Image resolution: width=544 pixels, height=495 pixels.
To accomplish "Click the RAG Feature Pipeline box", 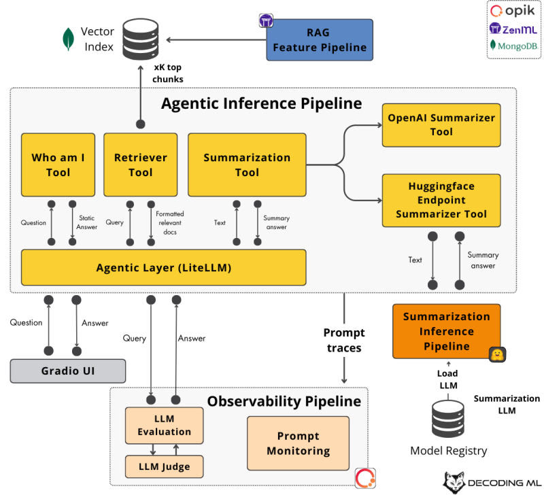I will (x=320, y=39).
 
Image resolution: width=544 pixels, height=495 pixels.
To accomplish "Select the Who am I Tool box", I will (x=58, y=165).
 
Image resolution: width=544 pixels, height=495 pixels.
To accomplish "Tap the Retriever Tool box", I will (x=140, y=165).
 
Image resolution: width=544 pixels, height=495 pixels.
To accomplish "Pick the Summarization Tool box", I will (x=247, y=165).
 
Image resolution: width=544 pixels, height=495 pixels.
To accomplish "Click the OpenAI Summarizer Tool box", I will (x=441, y=124).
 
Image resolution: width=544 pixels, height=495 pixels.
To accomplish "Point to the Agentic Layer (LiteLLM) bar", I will (x=163, y=267).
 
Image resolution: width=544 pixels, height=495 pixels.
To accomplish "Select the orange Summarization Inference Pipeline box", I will (x=446, y=331).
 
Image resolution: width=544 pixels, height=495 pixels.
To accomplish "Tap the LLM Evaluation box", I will (x=164, y=424).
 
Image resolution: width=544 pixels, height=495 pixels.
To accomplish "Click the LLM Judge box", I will (x=164, y=466).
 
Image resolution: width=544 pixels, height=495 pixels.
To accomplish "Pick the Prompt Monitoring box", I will (x=298, y=443).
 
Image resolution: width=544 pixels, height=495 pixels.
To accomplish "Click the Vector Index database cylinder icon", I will (x=139, y=39).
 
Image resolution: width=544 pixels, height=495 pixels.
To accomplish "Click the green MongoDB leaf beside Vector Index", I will (x=69, y=39).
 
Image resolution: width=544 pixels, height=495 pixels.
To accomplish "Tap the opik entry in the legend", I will (x=513, y=11).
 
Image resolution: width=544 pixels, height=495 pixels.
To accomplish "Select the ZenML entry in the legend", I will (x=513, y=29).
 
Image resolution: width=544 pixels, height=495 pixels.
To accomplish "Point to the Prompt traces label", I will (x=344, y=341).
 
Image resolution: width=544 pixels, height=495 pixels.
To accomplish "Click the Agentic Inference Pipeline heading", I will (x=261, y=104).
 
